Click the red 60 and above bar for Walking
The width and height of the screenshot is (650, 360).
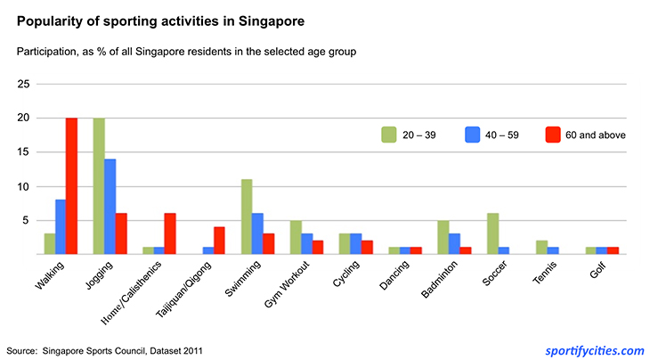click(71, 186)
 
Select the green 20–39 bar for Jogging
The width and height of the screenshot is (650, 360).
click(99, 186)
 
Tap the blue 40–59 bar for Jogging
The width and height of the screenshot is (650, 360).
click(110, 207)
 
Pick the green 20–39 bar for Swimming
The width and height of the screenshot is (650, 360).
click(247, 217)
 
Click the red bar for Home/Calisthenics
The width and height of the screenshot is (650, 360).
click(170, 234)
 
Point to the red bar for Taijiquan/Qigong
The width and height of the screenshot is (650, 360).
click(219, 241)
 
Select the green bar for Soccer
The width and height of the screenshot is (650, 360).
click(492, 234)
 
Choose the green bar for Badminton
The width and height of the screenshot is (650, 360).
click(443, 238)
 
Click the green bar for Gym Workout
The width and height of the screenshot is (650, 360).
click(296, 238)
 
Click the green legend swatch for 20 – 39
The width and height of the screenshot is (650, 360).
click(388, 135)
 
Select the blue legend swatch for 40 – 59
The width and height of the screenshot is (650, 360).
click(472, 135)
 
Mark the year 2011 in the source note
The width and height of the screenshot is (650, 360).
click(191, 351)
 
